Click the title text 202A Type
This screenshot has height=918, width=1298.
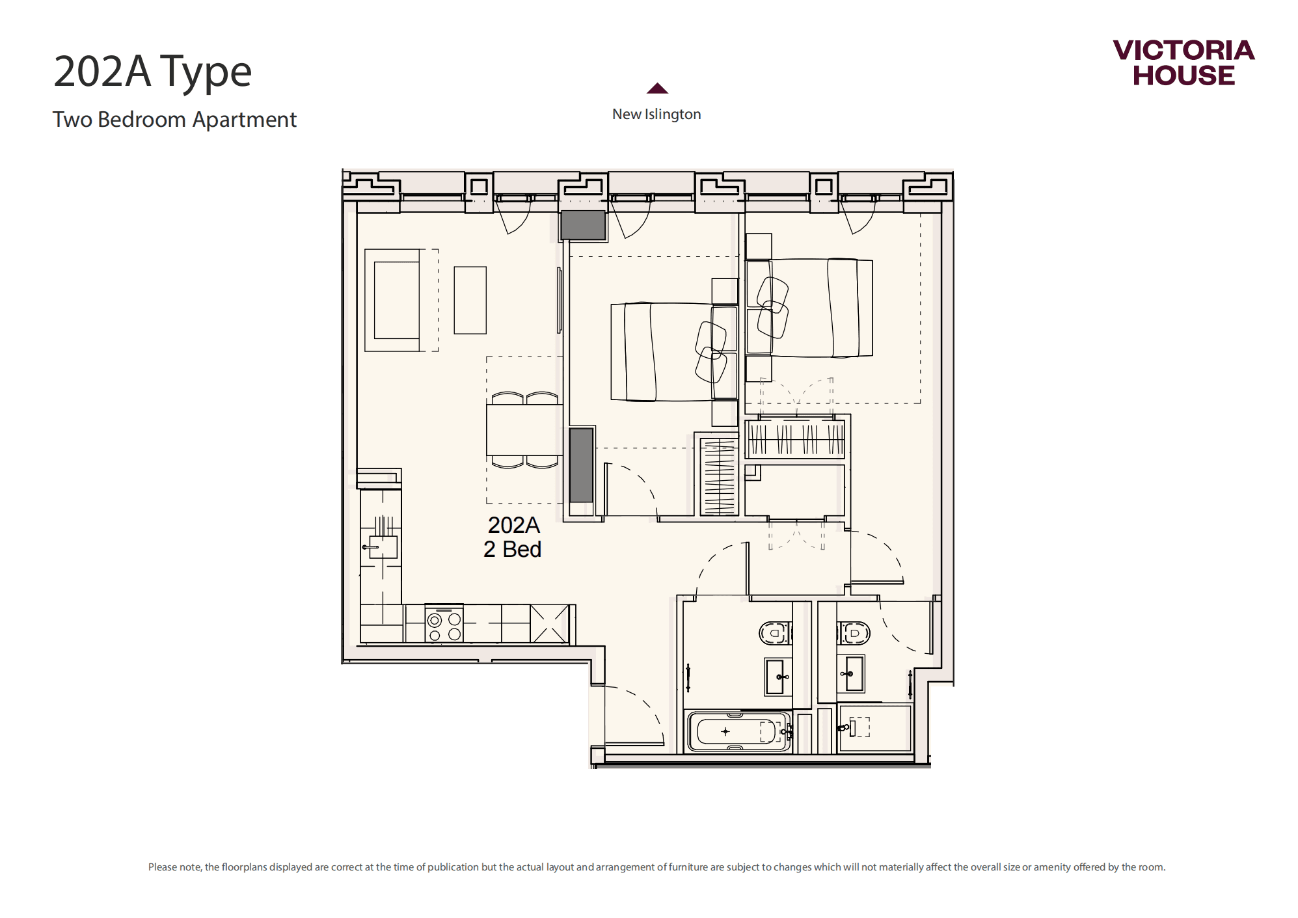tap(152, 72)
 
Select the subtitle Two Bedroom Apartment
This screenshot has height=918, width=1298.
tap(174, 120)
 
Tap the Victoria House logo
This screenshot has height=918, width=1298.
tap(1183, 62)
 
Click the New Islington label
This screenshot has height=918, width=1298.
tap(656, 115)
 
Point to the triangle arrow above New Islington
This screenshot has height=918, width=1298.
tap(657, 88)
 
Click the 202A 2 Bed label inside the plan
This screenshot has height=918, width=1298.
tap(513, 537)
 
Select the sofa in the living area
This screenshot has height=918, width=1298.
tap(392, 300)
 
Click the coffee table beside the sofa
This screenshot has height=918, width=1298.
tap(470, 300)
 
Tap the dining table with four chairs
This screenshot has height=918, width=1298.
tap(524, 430)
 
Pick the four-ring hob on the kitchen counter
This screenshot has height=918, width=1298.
tap(444, 625)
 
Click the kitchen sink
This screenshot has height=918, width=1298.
tap(383, 547)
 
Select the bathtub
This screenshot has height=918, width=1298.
tap(738, 731)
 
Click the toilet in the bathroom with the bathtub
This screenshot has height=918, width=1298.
tap(775, 632)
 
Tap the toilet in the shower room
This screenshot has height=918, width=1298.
tap(854, 632)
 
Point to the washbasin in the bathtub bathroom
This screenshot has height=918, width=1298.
tap(776, 677)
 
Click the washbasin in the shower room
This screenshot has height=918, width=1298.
tap(852, 673)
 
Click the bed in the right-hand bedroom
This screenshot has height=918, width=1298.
tap(809, 308)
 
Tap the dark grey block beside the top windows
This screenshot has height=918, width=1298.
tap(583, 225)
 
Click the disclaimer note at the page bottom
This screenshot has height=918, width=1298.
tap(656, 867)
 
